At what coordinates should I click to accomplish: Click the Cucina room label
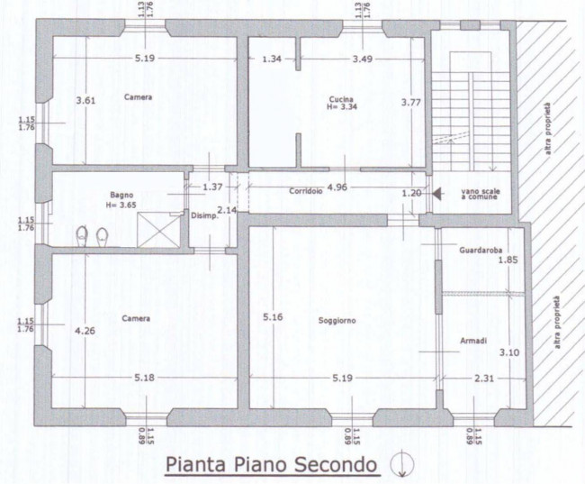341,99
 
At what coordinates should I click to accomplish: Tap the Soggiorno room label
337,321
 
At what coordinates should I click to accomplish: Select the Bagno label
121,195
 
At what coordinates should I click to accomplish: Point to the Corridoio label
306,191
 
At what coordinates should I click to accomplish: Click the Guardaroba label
481,250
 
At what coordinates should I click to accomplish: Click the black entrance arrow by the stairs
436,194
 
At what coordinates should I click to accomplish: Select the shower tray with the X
159,230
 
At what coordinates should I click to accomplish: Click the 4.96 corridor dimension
337,187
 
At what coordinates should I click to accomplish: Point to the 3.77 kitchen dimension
410,102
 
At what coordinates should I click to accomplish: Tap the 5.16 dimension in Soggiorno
273,317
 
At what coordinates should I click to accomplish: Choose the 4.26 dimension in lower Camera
85,331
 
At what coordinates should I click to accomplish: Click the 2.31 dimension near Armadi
484,379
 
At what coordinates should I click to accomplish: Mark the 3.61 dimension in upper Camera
85,100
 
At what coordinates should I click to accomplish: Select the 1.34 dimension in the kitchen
272,59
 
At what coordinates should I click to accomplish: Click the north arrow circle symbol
401,464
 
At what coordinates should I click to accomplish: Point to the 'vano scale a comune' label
481,194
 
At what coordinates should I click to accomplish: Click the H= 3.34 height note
342,106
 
